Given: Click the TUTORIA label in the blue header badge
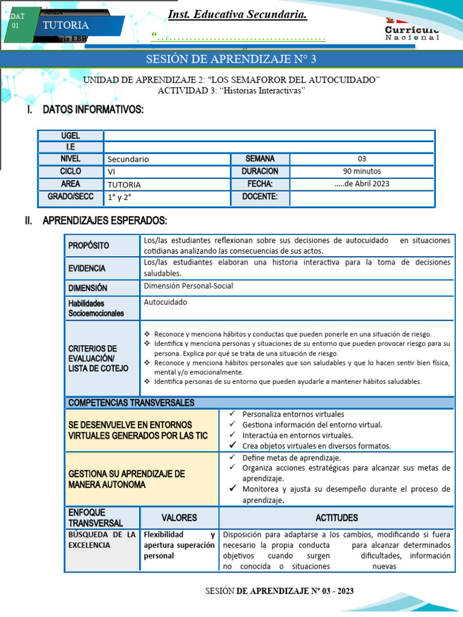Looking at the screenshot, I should click(x=66, y=25).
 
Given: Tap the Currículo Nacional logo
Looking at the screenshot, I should click(x=412, y=30).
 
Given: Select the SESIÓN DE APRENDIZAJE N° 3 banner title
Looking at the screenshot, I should click(x=231, y=59).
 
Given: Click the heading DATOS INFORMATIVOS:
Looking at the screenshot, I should click(x=93, y=110).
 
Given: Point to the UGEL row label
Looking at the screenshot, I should click(x=70, y=136).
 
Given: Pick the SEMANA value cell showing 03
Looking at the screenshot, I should click(x=362, y=159).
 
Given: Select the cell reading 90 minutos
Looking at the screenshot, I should click(x=362, y=171).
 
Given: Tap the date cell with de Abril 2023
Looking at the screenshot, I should click(x=362, y=184).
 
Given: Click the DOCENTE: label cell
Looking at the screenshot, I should click(x=260, y=196).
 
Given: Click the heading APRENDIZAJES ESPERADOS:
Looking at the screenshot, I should click(x=105, y=221).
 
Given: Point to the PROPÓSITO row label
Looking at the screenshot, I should click(x=89, y=246).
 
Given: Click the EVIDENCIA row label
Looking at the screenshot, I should click(x=87, y=268).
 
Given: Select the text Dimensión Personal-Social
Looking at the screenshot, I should click(x=188, y=286).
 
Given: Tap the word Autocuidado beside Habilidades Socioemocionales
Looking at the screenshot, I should click(x=166, y=302).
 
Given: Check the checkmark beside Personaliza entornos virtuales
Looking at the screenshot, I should click(x=232, y=414).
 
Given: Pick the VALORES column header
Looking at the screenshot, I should click(x=179, y=518).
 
